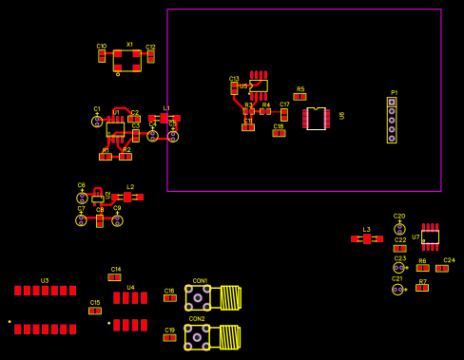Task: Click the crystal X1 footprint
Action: [126, 60]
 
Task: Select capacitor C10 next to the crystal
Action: [102, 56]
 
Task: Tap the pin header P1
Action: [392, 120]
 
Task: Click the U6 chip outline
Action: [316, 119]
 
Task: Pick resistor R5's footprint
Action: [300, 96]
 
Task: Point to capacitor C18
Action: [279, 133]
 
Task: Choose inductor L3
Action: [366, 238]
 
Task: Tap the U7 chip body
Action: [430, 237]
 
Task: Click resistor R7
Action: [422, 288]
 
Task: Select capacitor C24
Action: [442, 268]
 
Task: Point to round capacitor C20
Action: [399, 228]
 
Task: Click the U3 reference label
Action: [45, 281]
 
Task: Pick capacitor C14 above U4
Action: [115, 277]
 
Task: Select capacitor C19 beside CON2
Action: [169, 337]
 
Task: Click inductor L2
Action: [130, 197]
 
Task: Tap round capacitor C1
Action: [97, 122]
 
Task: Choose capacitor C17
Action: [284, 114]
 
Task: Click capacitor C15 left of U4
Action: [95, 311]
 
